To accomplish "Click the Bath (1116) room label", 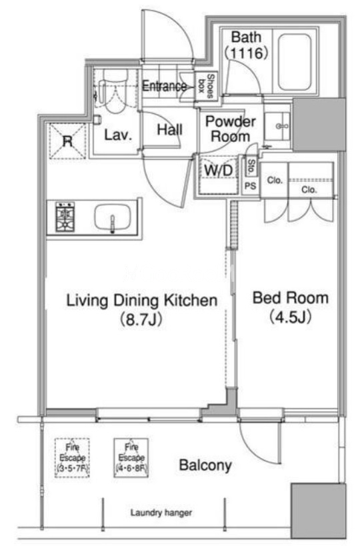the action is click(x=246, y=45).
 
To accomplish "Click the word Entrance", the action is click(x=164, y=86).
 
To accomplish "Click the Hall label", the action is click(x=169, y=130).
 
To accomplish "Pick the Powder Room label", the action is click(x=231, y=129).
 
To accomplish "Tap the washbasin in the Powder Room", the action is click(x=277, y=126).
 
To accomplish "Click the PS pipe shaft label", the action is click(x=250, y=186).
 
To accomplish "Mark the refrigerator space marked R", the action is click(x=67, y=141).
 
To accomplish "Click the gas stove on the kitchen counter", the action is click(x=65, y=217).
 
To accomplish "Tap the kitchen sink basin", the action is click(x=113, y=217).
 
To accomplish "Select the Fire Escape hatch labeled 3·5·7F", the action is click(x=73, y=457).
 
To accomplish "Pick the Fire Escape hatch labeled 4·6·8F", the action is click(x=131, y=457).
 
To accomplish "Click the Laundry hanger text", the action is click(x=161, y=513).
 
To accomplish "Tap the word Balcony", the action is click(x=205, y=465).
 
